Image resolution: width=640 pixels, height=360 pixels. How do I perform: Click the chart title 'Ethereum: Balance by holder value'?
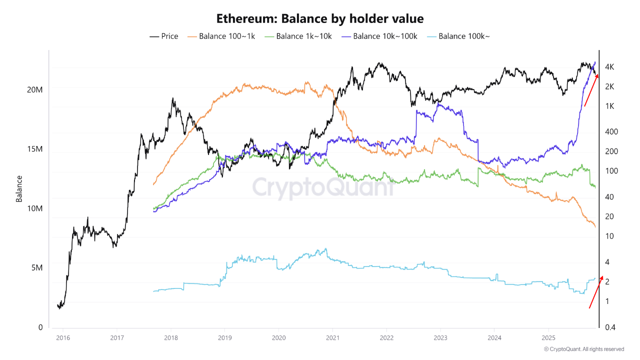click(319, 19)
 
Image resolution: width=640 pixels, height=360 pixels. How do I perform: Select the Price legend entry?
click(163, 36)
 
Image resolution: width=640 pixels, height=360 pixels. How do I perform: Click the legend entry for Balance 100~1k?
click(221, 36)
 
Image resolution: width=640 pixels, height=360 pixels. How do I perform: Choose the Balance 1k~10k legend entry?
click(298, 36)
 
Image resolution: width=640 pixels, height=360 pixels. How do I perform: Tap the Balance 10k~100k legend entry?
click(379, 36)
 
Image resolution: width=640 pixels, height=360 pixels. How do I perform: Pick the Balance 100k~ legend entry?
click(458, 36)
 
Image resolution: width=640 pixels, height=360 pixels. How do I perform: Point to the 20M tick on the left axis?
click(34, 90)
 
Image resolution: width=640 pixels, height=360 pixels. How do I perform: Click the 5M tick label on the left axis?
click(37, 267)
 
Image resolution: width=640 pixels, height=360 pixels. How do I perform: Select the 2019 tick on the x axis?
click(225, 338)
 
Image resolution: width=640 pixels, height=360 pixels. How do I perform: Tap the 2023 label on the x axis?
click(440, 338)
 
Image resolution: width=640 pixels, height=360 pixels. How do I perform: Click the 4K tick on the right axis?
click(609, 67)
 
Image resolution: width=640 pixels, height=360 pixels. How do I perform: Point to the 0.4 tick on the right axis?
click(610, 327)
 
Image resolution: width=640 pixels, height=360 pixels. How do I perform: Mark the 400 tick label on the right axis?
click(611, 131)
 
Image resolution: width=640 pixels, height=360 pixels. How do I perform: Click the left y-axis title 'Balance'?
click(19, 189)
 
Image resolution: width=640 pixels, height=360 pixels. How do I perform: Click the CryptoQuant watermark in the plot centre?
click(323, 187)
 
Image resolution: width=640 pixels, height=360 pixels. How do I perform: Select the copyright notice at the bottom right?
click(584, 349)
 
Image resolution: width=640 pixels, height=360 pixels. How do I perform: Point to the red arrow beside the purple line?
click(591, 90)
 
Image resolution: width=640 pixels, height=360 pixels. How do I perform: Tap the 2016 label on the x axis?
click(63, 338)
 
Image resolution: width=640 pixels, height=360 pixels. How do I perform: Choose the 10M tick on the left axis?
click(34, 208)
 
